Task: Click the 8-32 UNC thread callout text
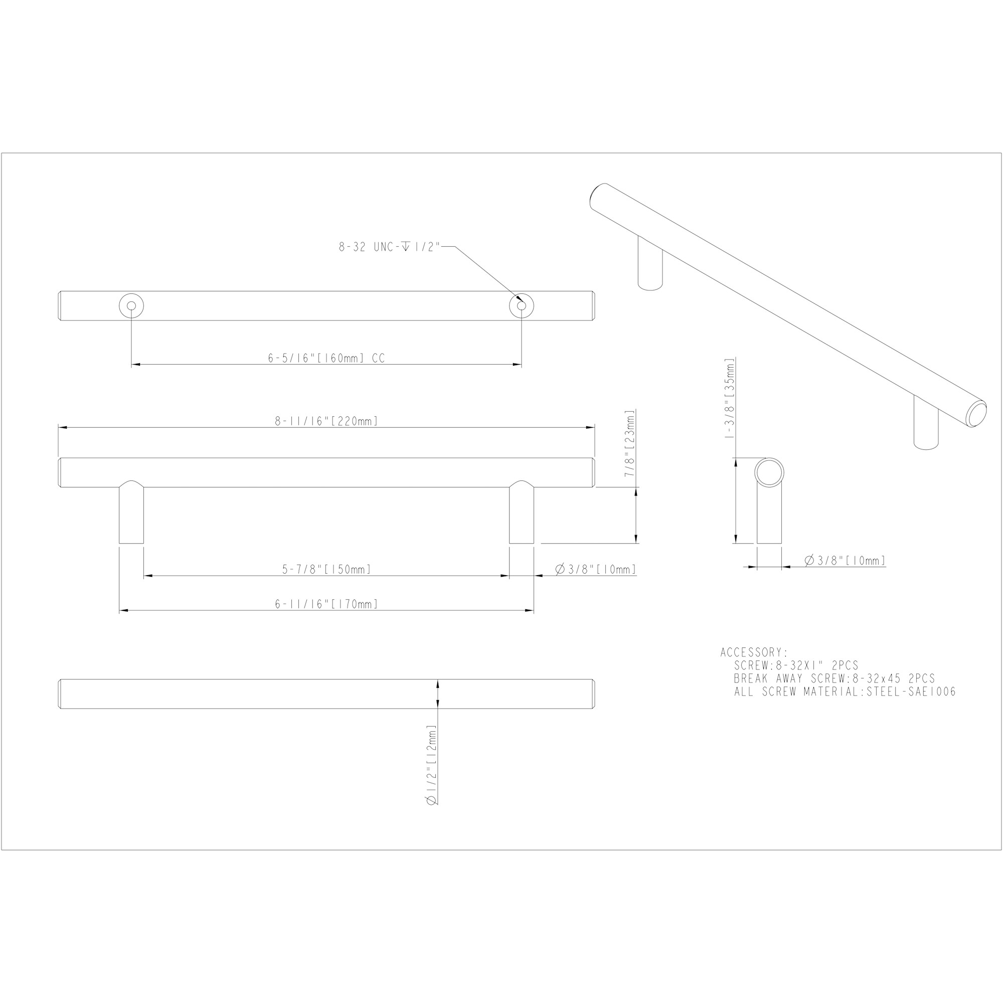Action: pyautogui.click(x=389, y=247)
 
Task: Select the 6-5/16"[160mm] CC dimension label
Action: pyautogui.click(x=326, y=358)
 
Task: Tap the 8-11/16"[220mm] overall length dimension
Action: pyautogui.click(x=326, y=421)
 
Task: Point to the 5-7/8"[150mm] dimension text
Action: pyautogui.click(x=326, y=570)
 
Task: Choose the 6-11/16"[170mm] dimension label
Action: pyautogui.click(x=326, y=604)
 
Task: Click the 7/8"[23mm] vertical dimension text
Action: pyautogui.click(x=630, y=443)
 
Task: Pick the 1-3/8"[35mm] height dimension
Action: pyautogui.click(x=730, y=398)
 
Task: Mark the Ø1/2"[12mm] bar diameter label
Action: pyautogui.click(x=431, y=765)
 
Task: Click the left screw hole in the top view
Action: pyautogui.click(x=131, y=306)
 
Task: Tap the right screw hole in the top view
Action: pyautogui.click(x=521, y=306)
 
